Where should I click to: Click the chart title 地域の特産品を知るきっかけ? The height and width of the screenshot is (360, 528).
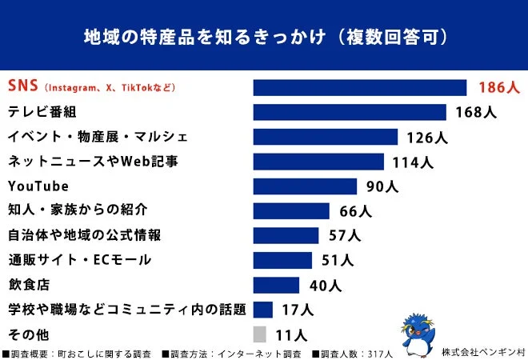coord(264,38)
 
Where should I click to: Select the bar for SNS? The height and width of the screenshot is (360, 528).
coord(359,87)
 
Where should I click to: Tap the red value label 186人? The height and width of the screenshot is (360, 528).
coord(499,87)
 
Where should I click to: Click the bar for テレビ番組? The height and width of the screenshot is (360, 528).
coord(350,112)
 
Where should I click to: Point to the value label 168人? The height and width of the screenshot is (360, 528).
coord(475,112)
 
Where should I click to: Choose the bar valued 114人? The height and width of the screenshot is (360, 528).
coord(318,162)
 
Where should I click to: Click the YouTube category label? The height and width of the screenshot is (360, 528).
coord(38,186)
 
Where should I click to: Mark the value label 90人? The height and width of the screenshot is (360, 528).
coord(382,186)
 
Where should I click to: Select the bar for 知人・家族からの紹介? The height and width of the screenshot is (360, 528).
coord(291,211)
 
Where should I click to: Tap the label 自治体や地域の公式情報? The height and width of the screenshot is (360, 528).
coord(84,235)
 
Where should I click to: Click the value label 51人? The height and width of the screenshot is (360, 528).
coord(336,260)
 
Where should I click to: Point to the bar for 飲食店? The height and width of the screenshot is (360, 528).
coord(276,285)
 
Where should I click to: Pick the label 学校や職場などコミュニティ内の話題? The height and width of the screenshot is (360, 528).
coord(126,310)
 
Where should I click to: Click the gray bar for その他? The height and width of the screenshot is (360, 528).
coord(259,334)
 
